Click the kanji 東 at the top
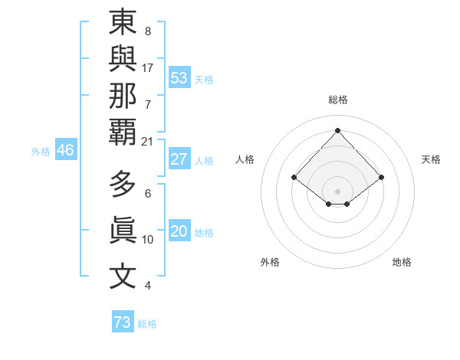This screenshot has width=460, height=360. (x=123, y=23)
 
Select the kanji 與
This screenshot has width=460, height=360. (x=123, y=60)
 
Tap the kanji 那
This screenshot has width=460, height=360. (x=123, y=96)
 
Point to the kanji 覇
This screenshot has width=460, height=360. (x=123, y=132)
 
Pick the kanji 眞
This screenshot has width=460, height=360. (x=123, y=231)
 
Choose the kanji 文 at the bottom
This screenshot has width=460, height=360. (x=123, y=277)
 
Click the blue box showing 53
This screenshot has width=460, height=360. (x=179, y=78)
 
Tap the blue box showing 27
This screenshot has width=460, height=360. (x=179, y=159)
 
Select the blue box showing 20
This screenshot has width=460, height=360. (x=179, y=231)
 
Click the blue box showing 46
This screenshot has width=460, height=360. (x=65, y=150)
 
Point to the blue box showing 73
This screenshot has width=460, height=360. (x=123, y=322)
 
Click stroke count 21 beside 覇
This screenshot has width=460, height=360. (x=148, y=142)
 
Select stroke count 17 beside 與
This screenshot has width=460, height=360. (x=148, y=67)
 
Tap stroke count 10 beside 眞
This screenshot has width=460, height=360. (x=148, y=240)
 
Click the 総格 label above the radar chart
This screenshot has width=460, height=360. (x=338, y=100)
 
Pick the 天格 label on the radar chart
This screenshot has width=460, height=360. (x=431, y=159)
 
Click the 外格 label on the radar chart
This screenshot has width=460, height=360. (x=270, y=262)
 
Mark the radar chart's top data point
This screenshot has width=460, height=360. (x=338, y=130)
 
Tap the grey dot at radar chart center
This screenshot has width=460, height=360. (x=338, y=191)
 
